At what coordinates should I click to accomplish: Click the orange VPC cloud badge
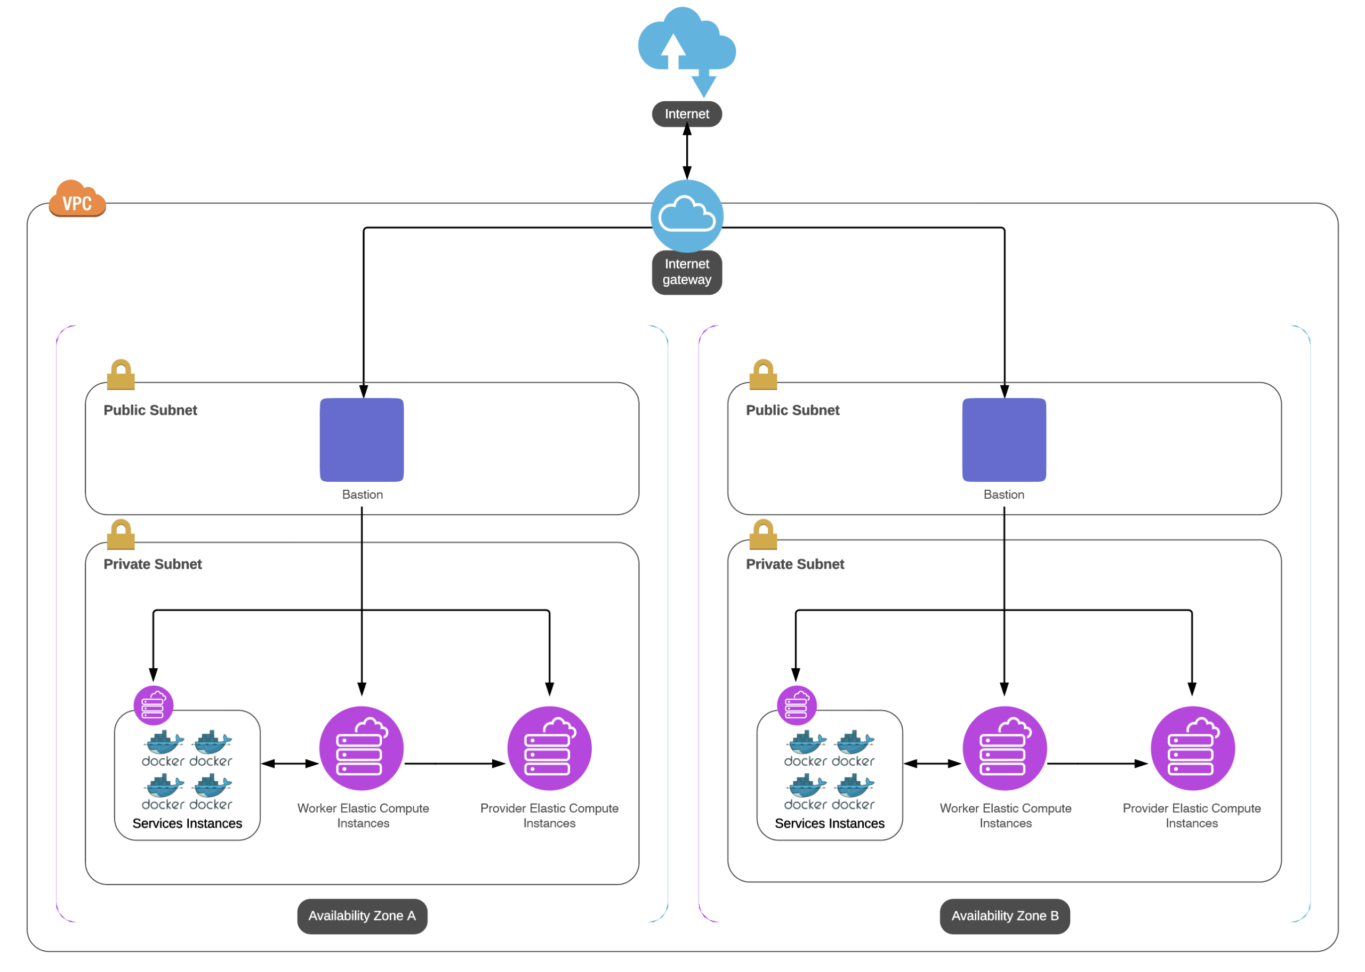77,199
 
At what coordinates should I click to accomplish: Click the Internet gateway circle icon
687,215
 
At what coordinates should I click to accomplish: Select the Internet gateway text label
687,272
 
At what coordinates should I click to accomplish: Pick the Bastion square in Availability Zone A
362,440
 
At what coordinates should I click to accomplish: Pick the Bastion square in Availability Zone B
1004,440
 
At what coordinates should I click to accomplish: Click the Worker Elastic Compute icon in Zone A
362,748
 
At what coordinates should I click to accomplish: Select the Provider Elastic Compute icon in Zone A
549,748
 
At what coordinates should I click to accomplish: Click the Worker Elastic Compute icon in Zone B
1005,748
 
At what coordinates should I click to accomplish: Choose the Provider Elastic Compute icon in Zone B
1192,748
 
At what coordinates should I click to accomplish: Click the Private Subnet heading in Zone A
152,564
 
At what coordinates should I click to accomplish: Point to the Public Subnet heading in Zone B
793,410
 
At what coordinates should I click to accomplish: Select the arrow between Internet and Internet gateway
687,152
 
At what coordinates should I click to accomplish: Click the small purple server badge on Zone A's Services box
153,705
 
